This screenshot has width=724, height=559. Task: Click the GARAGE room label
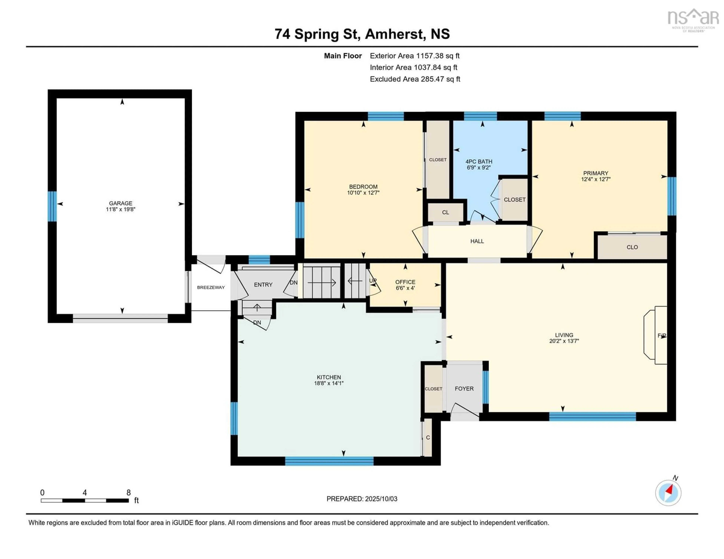click(121, 203)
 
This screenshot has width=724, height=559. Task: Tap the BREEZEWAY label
click(211, 287)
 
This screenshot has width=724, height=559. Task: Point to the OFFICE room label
click(405, 282)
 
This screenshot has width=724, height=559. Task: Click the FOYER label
click(464, 388)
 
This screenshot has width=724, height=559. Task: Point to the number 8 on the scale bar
click(129, 493)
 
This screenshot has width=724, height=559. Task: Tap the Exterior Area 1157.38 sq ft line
click(415, 56)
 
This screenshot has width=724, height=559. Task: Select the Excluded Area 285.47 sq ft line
click(415, 79)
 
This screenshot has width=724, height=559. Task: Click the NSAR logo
click(693, 20)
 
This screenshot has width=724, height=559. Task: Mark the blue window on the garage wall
click(52, 206)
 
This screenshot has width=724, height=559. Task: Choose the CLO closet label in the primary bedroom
click(632, 247)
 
